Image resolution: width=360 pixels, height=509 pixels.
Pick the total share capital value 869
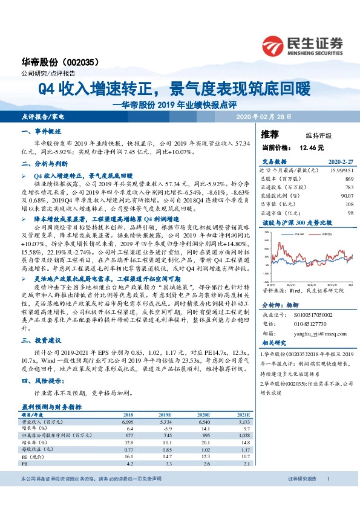[349, 180]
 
